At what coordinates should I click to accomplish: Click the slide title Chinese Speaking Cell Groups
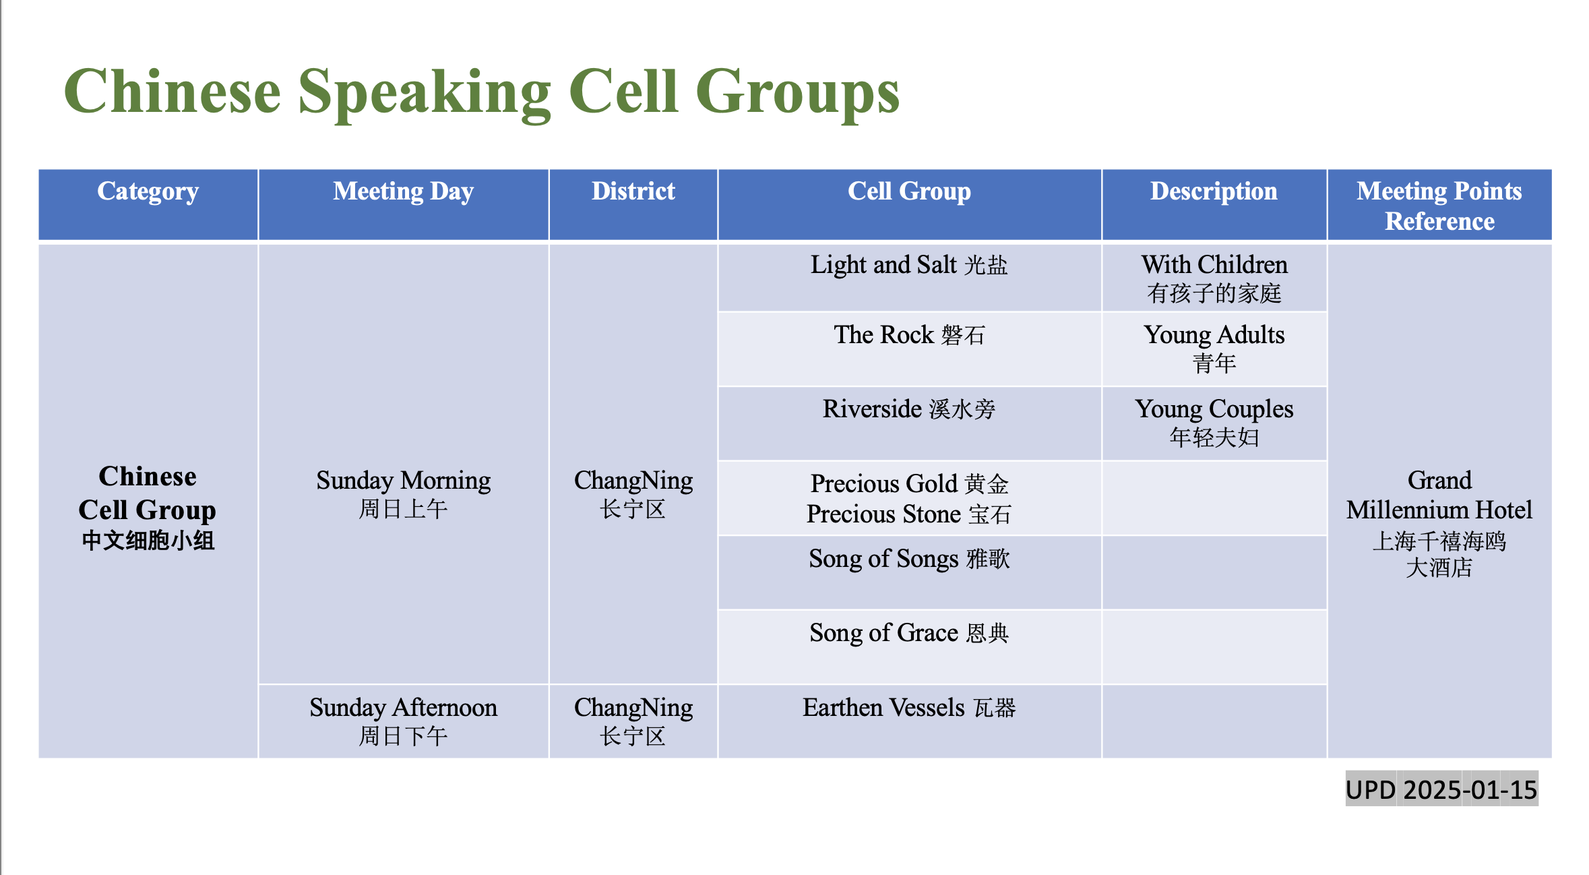pyautogui.click(x=482, y=93)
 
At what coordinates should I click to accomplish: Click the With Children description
pyautogui.click(x=1214, y=278)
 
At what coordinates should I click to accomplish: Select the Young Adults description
pyautogui.click(x=1214, y=349)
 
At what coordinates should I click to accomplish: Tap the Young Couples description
pyautogui.click(x=1214, y=423)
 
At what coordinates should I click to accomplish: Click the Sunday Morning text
pyautogui.click(x=404, y=494)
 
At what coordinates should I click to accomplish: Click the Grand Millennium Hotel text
pyautogui.click(x=1439, y=523)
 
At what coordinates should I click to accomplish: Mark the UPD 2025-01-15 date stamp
pyautogui.click(x=1441, y=789)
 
